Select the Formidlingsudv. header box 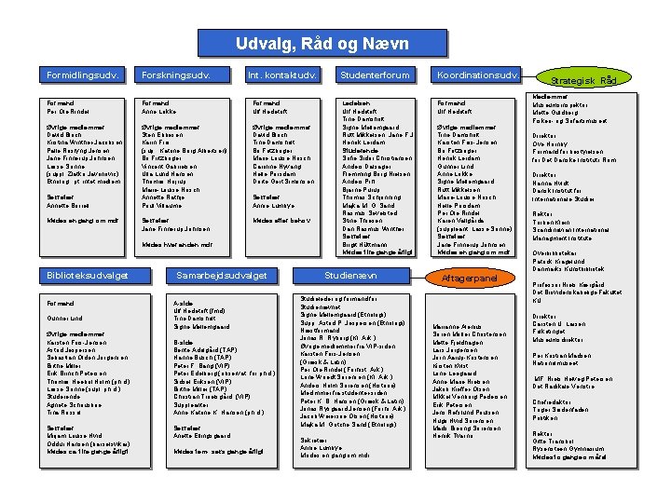pos(82,75)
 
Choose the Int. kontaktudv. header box pos(282,75)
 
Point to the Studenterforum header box pos(375,75)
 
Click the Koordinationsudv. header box pos(477,75)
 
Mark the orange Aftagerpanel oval pos(468,278)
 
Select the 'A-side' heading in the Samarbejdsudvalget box pos(183,303)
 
